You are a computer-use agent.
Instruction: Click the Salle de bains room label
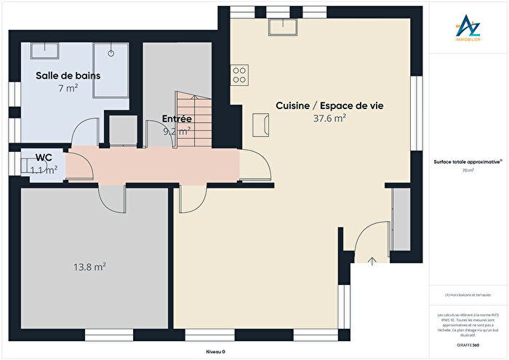coord(68,75)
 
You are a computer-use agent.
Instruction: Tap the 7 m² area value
coord(68,88)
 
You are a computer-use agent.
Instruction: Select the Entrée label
coord(177,119)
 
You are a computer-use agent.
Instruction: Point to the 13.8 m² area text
coord(91,267)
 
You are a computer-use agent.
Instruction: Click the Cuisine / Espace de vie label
coord(329,105)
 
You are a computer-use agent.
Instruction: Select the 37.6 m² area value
coord(329,118)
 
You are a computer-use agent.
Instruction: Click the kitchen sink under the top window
coord(284,26)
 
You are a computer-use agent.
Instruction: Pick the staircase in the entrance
coord(193,120)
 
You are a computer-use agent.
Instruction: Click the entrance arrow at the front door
coord(372,260)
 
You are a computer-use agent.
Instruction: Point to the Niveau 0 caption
coord(215,351)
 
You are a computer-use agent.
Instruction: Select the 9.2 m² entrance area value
coord(177,132)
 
